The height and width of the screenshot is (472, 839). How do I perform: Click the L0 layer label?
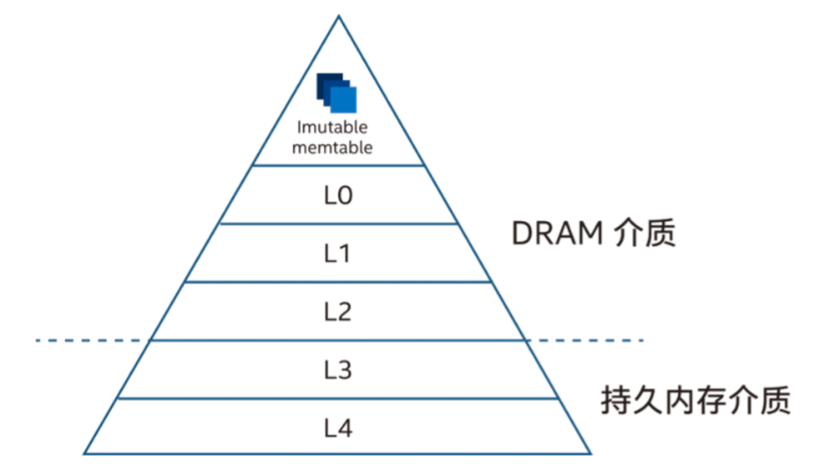coord(338,195)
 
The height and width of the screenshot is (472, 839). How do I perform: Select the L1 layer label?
coord(338,253)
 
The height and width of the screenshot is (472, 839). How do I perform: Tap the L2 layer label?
coord(338,311)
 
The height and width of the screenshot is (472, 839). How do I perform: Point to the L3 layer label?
coord(338,370)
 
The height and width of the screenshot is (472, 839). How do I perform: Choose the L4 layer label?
coord(338,427)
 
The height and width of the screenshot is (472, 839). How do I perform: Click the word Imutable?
coord(332,127)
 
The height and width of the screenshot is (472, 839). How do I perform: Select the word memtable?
coord(332,147)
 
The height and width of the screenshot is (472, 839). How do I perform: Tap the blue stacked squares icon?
coord(336,93)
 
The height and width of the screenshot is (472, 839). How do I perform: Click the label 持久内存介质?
coord(695,401)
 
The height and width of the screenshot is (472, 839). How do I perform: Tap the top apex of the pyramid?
coord(339,16)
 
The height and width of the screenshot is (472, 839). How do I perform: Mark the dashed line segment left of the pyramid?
coord(92,340)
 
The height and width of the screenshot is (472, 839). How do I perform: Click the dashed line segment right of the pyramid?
coord(587,340)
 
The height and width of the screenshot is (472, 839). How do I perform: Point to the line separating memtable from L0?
coord(338,165)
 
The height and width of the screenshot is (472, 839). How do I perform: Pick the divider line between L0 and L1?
coord(338,224)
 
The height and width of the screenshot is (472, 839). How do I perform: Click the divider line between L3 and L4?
coord(338,398)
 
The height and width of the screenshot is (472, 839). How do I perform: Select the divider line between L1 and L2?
coord(338,282)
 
